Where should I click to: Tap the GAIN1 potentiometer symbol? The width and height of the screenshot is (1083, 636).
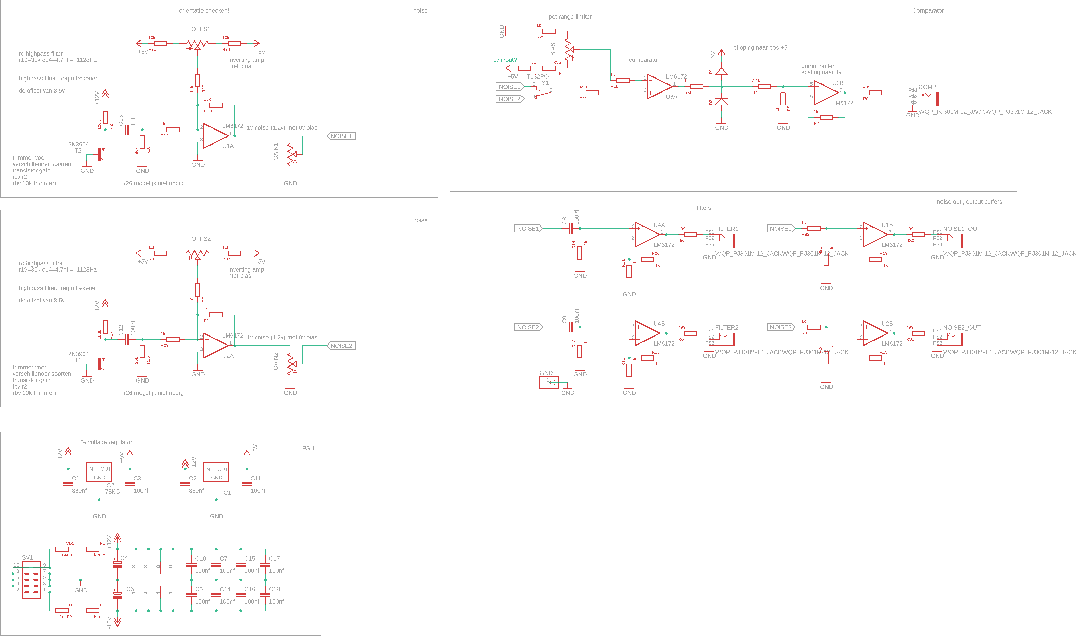click(291, 154)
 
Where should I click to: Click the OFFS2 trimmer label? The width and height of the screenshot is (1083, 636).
click(201, 239)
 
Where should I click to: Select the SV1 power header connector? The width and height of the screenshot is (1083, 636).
click(31, 580)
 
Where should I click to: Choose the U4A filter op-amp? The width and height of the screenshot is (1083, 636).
click(647, 234)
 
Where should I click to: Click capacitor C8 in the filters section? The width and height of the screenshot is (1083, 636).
click(570, 228)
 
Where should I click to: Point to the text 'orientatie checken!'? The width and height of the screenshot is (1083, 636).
click(204, 10)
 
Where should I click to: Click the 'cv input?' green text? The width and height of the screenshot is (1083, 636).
click(505, 60)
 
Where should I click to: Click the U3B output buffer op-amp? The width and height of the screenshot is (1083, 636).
click(826, 93)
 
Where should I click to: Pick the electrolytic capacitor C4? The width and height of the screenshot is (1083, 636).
click(117, 564)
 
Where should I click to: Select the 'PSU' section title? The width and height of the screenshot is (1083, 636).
click(308, 448)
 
